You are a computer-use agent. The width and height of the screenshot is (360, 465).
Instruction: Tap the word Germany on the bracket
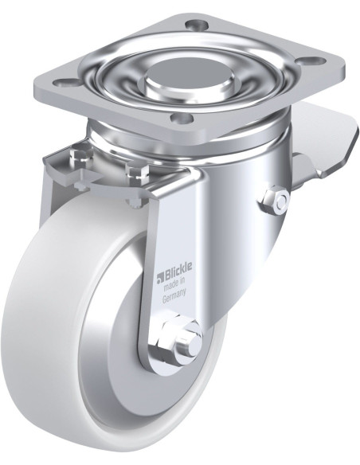(x=174, y=295)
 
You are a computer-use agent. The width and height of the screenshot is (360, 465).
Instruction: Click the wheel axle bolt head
(x=188, y=346)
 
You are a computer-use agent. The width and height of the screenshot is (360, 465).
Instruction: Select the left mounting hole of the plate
(x=65, y=83)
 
